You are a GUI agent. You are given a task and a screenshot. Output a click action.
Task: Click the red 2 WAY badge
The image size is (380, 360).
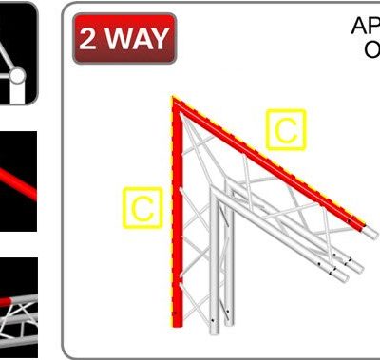coord(124,39)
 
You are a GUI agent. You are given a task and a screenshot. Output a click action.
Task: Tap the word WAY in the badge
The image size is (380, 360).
coord(138,40)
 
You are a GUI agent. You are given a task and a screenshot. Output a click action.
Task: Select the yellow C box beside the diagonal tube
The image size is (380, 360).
coord(285,130)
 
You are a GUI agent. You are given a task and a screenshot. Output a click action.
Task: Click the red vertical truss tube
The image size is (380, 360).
coord(177,218)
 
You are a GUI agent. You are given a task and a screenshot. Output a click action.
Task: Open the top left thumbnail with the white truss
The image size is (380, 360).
coord(18,52)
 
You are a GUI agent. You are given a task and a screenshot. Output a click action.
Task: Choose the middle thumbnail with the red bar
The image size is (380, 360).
coord(18,180)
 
